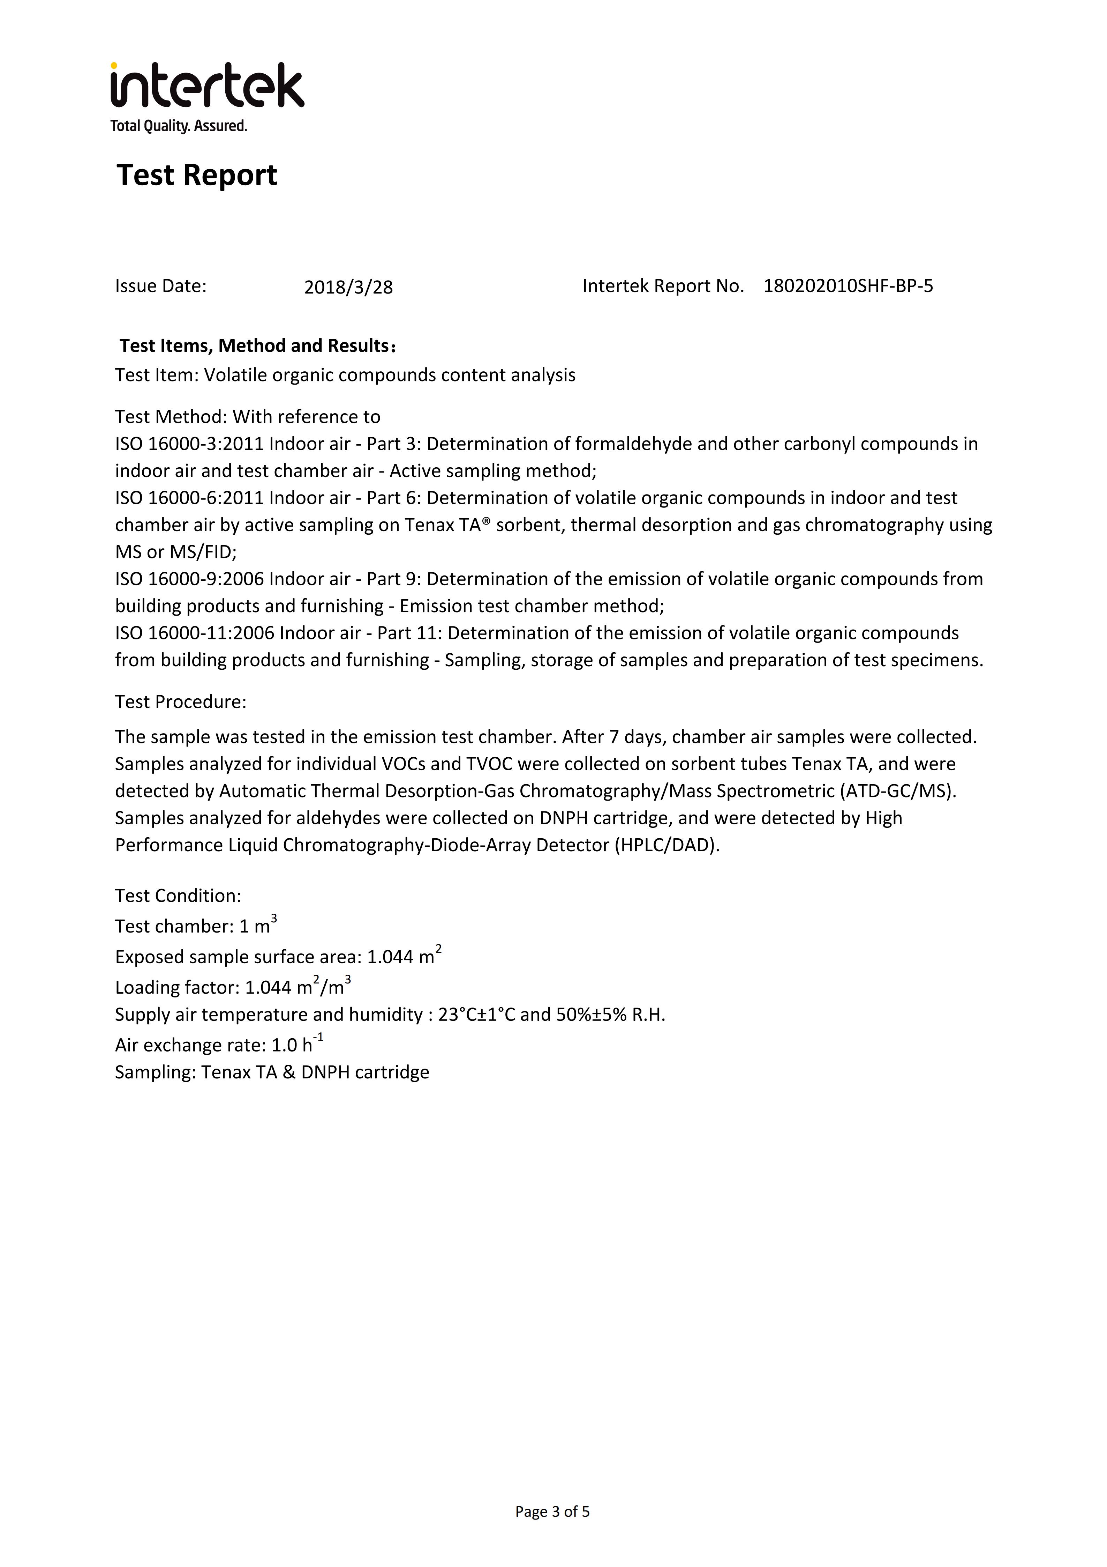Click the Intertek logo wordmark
(208, 87)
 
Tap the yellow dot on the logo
(114, 66)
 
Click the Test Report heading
(196, 176)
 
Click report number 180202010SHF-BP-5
(848, 286)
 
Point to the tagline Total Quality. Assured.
(179, 126)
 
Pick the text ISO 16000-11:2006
(194, 633)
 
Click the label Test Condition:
(178, 896)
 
